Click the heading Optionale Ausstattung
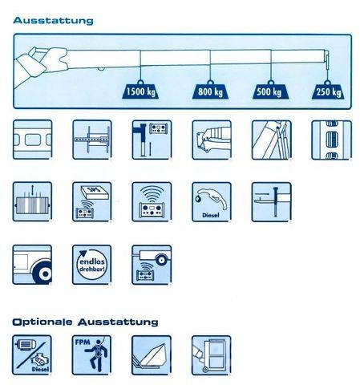[85, 322]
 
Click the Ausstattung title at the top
[53, 20]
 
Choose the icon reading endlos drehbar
[92, 265]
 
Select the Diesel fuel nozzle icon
[212, 202]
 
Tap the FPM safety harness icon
[91, 355]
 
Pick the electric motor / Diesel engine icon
[32, 355]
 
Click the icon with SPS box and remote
[92, 202]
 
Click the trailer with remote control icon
[152, 265]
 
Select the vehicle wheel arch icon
[32, 265]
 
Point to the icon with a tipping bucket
[152, 355]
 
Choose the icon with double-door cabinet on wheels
[212, 355]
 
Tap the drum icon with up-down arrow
[32, 202]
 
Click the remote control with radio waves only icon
[152, 202]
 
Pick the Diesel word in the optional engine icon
[40, 369]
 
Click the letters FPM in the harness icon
[83, 342]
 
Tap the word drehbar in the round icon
[92, 269]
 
